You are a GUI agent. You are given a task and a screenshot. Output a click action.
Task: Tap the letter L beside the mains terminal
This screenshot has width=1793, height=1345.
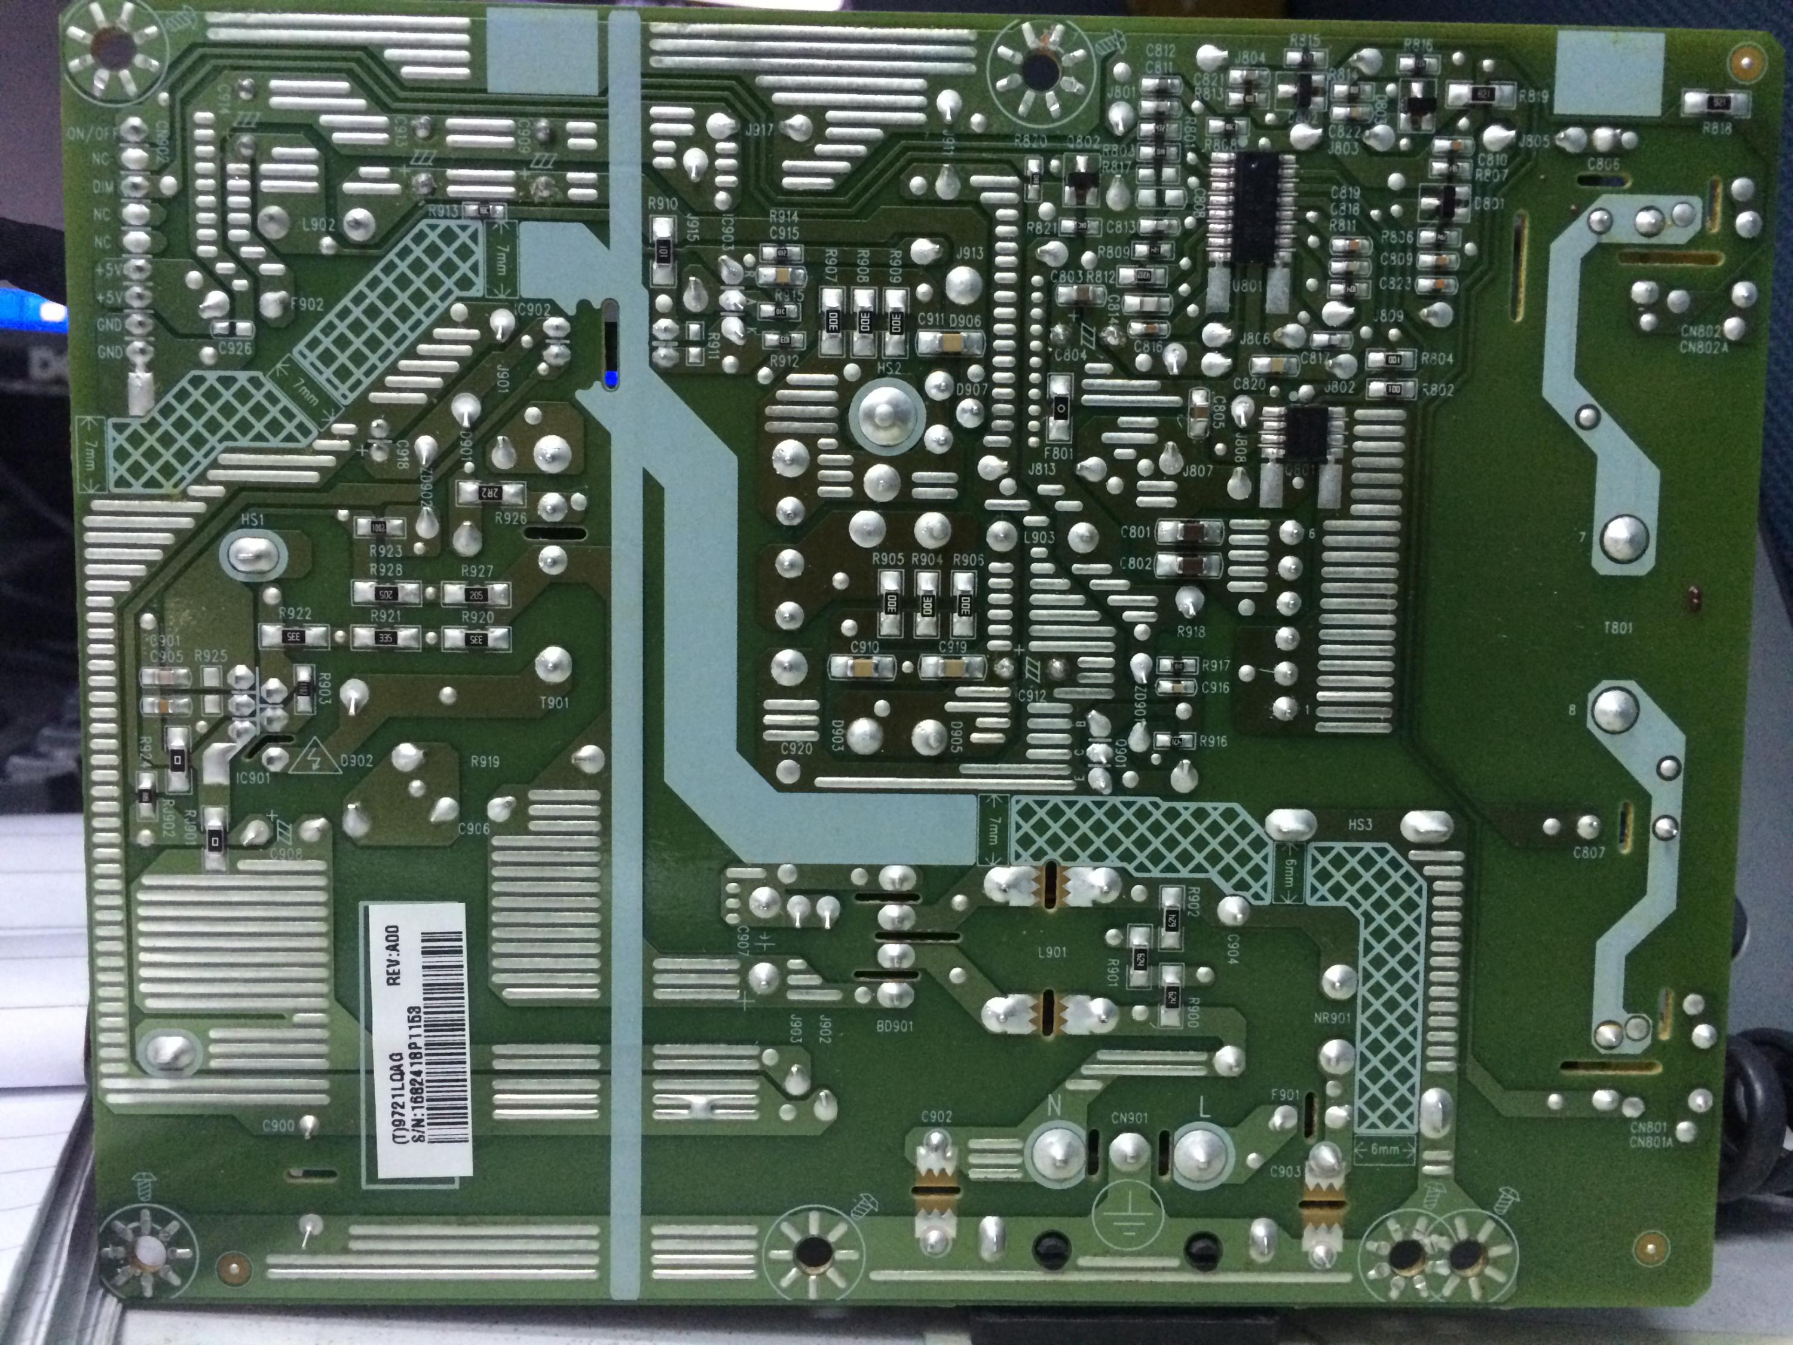1204,1105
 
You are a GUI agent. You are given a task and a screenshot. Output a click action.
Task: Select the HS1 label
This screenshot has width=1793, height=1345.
252,519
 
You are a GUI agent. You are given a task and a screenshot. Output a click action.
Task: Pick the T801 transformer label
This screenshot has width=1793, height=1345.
1617,628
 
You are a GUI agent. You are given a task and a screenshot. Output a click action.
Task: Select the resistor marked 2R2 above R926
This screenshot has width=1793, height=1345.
489,492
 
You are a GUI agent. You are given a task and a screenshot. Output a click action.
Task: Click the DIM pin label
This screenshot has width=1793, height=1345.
103,187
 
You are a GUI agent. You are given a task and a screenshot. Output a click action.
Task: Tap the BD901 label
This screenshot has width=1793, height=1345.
894,1026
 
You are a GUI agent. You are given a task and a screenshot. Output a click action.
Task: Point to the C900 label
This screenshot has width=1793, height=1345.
278,1126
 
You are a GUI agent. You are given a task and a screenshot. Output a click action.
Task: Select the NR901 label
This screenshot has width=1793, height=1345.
1332,1017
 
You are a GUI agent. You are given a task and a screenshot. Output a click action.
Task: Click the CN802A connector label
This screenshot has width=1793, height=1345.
1704,348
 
